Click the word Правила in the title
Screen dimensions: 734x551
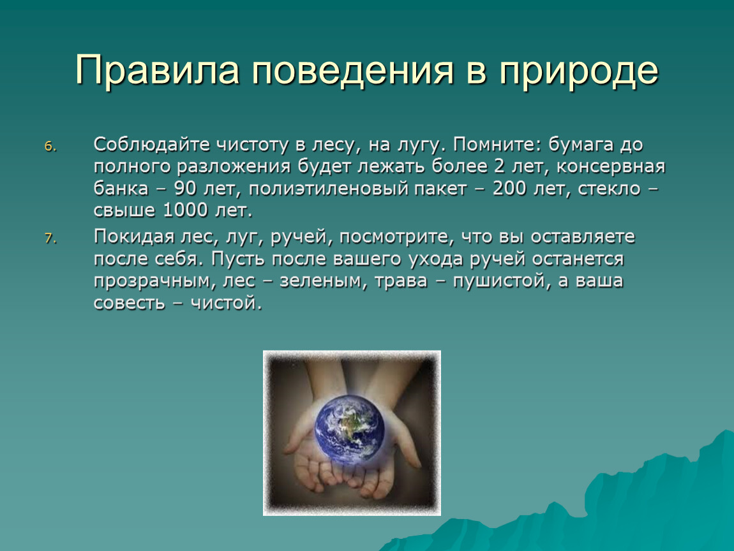pos(157,70)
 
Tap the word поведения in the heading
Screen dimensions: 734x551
pos(353,71)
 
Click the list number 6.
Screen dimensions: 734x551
pos(50,147)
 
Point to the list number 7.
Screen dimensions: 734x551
pos(50,239)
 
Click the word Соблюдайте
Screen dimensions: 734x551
pos(152,145)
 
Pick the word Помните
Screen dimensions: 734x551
pos(496,145)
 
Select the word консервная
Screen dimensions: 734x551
pos(611,167)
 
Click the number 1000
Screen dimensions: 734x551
pos(185,210)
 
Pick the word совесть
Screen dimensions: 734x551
pos(129,303)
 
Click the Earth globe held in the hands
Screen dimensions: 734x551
pos(350,430)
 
